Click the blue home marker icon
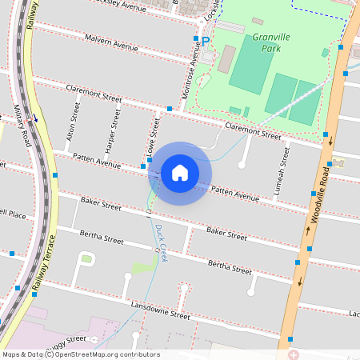[180, 172]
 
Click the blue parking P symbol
[206, 41]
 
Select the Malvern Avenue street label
[111, 43]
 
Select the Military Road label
[22, 124]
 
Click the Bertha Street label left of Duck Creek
[102, 238]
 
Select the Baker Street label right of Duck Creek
[226, 233]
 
